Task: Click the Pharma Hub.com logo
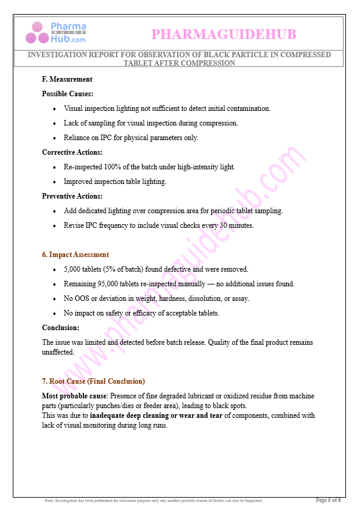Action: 56,32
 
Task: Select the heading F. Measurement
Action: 67,79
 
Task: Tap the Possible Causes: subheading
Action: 68,94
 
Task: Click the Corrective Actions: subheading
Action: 72,152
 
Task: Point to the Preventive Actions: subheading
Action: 72,196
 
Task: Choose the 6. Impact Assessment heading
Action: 76,255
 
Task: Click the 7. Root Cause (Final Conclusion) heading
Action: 93,381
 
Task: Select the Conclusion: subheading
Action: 60,328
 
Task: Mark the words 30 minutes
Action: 236,225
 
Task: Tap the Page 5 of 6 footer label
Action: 328,500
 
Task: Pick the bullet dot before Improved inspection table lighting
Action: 55,182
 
